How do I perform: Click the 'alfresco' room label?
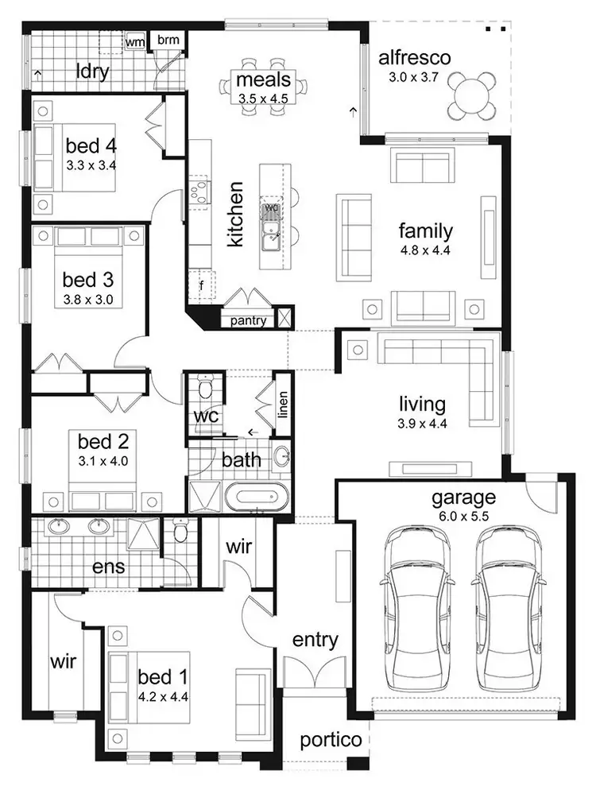(x=414, y=58)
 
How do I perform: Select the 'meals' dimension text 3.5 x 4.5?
(x=262, y=99)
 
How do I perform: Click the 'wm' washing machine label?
(x=135, y=41)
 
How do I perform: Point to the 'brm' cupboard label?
(x=168, y=40)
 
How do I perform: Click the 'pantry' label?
(x=248, y=321)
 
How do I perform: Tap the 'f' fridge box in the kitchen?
(x=202, y=285)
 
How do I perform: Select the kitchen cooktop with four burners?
(x=199, y=191)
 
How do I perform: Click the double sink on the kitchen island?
(x=272, y=230)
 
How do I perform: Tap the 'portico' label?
(x=331, y=740)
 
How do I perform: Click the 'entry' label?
(x=315, y=640)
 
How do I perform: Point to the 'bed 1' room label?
(x=163, y=676)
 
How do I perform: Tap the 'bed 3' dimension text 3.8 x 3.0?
(x=88, y=300)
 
